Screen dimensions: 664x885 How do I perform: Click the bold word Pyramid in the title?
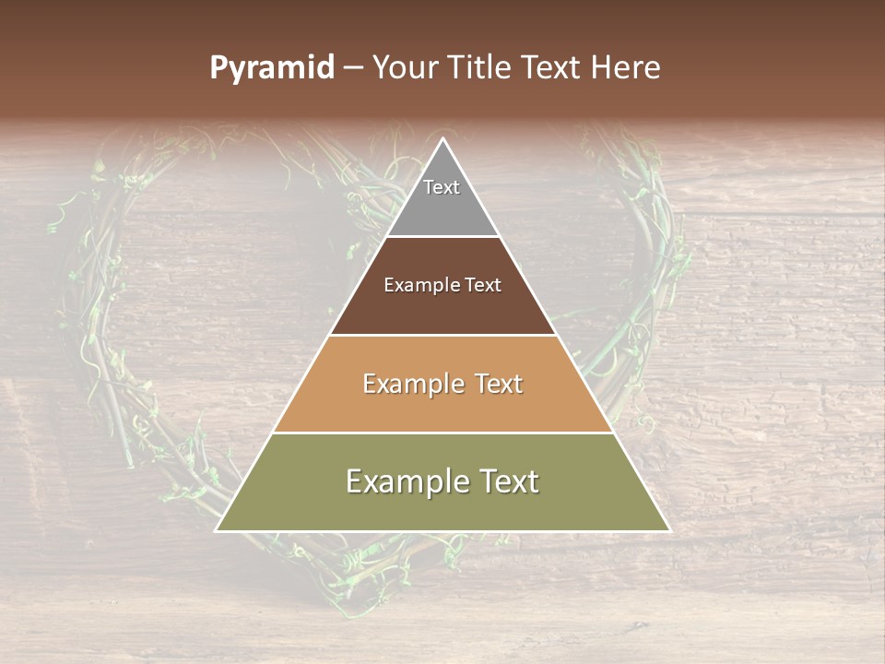(x=272, y=68)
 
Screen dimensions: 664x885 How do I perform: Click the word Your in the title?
(x=402, y=68)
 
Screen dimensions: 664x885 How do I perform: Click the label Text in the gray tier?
(x=442, y=187)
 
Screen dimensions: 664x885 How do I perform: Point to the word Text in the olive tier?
(x=508, y=481)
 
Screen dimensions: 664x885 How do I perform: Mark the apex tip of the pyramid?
(x=443, y=139)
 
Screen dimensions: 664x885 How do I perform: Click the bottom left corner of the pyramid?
(x=218, y=530)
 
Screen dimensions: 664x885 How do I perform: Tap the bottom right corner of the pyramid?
(x=668, y=530)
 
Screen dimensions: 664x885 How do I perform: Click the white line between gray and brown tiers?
(x=442, y=237)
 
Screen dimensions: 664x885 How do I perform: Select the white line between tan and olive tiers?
(x=442, y=433)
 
